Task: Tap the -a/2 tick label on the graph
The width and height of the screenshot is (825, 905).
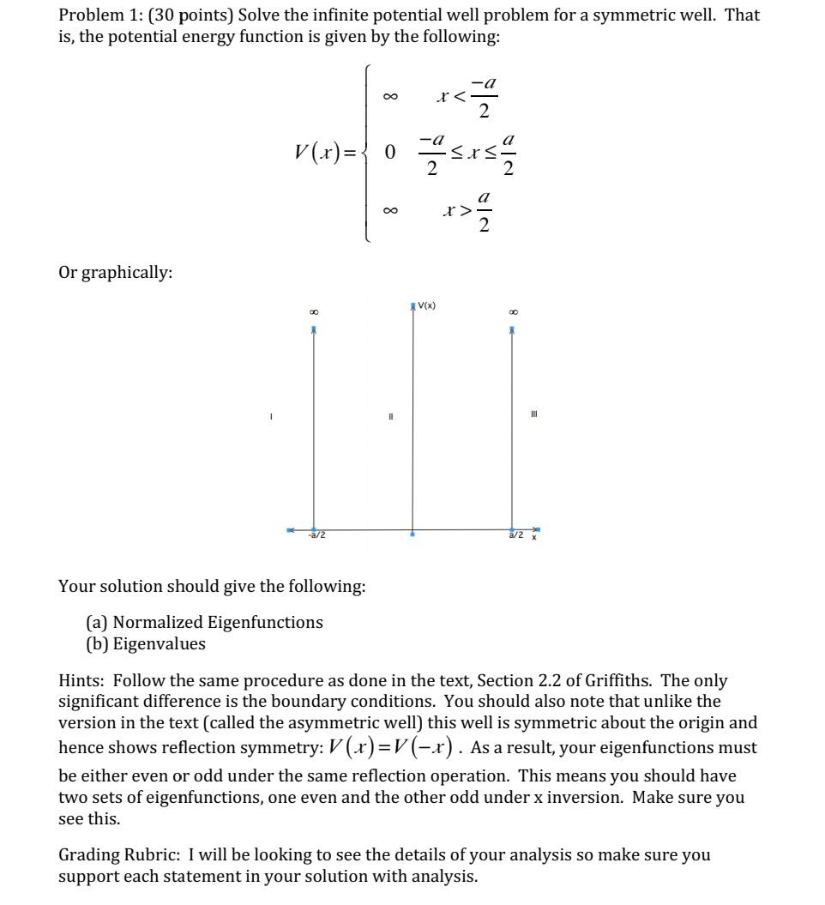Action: [316, 536]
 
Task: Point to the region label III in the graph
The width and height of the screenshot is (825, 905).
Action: [535, 414]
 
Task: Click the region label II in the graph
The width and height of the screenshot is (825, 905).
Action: [390, 417]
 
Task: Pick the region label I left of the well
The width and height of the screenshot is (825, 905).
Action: [270, 417]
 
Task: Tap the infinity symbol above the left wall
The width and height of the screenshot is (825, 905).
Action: [313, 312]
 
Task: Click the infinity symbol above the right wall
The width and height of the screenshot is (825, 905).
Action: [512, 312]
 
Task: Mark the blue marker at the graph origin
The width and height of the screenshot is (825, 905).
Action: [412, 534]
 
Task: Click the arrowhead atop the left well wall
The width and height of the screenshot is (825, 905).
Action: [313, 329]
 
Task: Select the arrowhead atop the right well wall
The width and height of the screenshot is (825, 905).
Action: [512, 329]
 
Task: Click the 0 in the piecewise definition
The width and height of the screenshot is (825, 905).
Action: [390, 153]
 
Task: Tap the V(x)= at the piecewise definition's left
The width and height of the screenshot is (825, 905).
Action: [327, 153]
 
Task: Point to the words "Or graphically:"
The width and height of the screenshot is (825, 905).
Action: [115, 273]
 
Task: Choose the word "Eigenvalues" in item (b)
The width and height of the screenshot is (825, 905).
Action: [160, 643]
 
